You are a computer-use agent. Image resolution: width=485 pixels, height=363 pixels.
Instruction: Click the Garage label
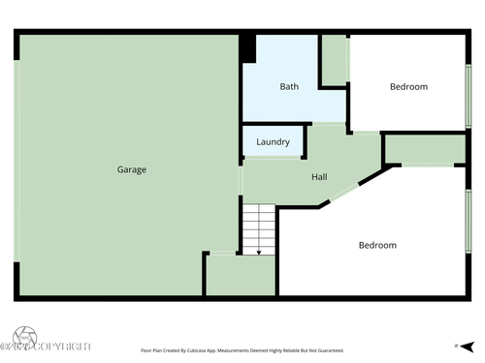tap(132, 169)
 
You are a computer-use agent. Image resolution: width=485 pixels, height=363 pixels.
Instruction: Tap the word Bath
tap(289, 86)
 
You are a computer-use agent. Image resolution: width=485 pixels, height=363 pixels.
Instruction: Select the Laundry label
tap(273, 142)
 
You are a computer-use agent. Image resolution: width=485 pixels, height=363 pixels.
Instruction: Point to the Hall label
tap(319, 178)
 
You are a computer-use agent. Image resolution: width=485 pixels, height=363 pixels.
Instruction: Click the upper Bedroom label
tap(408, 86)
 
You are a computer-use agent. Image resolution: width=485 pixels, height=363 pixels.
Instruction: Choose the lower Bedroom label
tap(377, 245)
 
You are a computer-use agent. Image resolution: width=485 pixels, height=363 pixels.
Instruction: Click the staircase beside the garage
tap(259, 229)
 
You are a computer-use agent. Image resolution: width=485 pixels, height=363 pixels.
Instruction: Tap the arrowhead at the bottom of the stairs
tap(259, 252)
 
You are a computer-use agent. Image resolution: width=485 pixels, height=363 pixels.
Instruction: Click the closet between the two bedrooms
tap(424, 149)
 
